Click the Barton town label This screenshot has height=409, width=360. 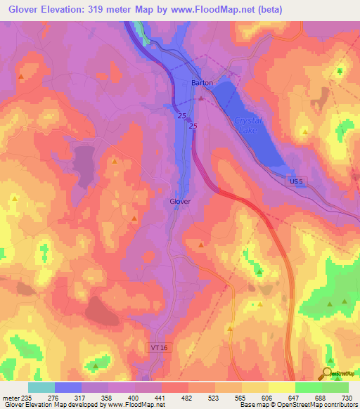[x=202, y=82]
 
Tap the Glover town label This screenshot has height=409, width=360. [x=180, y=201]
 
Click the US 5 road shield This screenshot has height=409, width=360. [x=298, y=181]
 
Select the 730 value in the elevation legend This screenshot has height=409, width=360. [x=347, y=397]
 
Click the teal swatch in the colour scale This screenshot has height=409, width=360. [x=41, y=387]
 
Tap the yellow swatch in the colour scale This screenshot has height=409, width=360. [x=281, y=387]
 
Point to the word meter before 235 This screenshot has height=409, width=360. [x=11, y=397]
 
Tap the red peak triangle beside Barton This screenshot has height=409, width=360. [x=200, y=98]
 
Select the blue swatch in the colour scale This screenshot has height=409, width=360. [x=68, y=387]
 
